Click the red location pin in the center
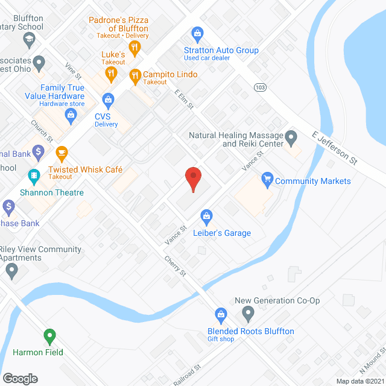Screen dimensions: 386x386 pos(192,179)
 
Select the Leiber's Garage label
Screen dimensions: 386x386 pos(221,233)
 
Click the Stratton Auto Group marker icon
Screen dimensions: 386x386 pos(196,33)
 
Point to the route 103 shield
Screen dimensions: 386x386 pos(260,87)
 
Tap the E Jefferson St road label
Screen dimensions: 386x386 pos(334,148)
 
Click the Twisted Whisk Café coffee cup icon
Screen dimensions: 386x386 pos(61,151)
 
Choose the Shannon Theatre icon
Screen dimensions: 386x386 pos(34,176)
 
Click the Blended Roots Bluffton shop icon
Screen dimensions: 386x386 pos(221,314)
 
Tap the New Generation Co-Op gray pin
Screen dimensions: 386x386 pos(248,313)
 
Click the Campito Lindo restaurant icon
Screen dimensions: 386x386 pos(135,75)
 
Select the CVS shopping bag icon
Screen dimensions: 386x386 pos(108,98)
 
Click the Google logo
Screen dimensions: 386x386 pos(20,378)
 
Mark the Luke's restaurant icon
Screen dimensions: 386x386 pos(111,74)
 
